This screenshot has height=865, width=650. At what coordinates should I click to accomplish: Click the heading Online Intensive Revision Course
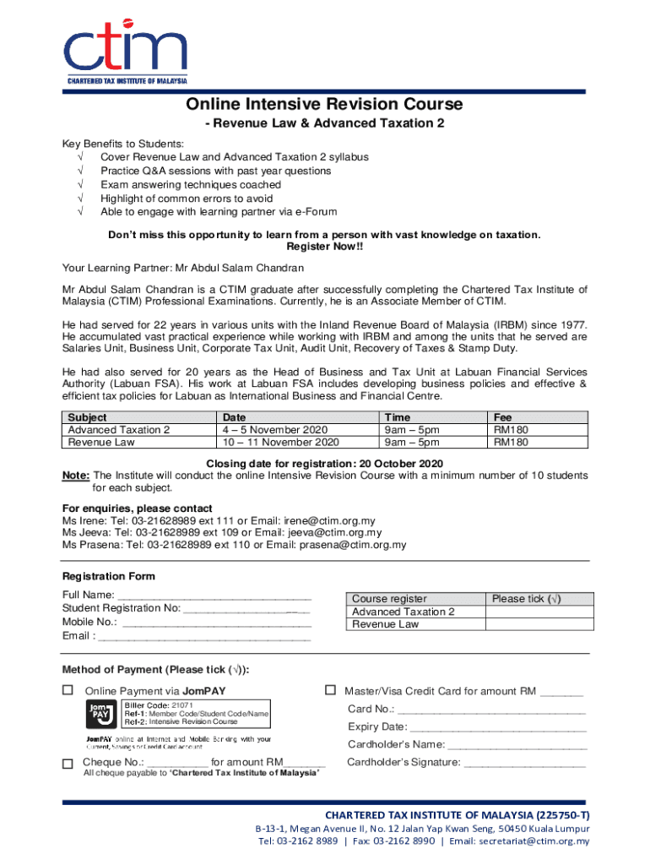pyautogui.click(x=324, y=104)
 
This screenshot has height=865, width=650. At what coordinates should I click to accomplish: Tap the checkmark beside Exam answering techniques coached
pyautogui.click(x=80, y=184)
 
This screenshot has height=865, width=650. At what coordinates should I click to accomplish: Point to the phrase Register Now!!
pyautogui.click(x=324, y=247)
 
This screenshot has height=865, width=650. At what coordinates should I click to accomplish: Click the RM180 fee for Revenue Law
pyautogui.click(x=511, y=442)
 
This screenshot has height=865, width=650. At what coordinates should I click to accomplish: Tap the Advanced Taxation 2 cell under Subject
pyautogui.click(x=118, y=430)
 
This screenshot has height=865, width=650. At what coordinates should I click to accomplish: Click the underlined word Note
pyautogui.click(x=76, y=476)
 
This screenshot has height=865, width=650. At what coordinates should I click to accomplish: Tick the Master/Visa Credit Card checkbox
pyautogui.click(x=330, y=690)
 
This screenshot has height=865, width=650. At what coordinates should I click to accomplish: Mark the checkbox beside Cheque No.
pyautogui.click(x=68, y=764)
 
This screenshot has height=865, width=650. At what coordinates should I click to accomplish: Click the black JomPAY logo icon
pyautogui.click(x=100, y=715)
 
